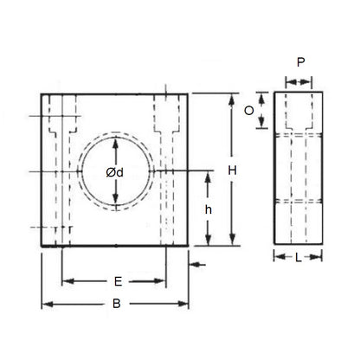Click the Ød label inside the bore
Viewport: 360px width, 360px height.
pos(115,172)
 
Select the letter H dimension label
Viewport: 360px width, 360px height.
pos(232,170)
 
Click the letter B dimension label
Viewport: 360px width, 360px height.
pos(114,305)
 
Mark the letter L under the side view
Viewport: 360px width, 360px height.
pos(299,257)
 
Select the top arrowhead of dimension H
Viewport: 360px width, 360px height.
pos(231,98)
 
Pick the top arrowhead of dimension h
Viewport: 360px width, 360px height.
pos(208,176)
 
